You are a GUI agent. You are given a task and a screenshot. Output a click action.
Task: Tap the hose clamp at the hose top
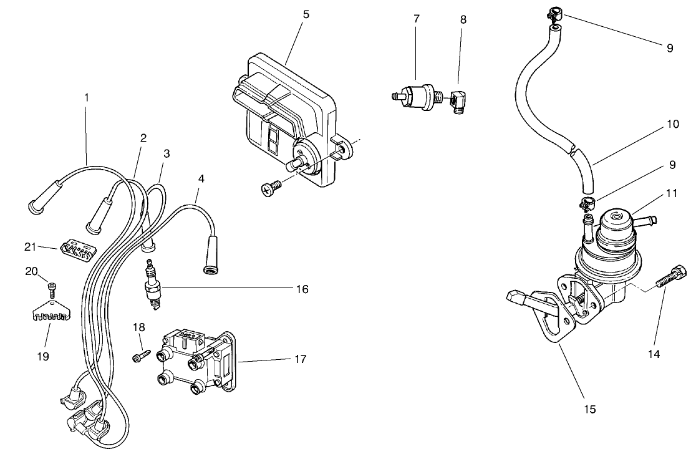coord(553,12)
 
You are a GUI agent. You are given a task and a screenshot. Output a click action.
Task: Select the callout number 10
coord(672,124)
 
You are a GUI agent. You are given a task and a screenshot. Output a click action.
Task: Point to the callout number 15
coord(590,409)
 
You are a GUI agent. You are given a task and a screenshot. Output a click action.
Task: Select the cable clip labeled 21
coord(75,249)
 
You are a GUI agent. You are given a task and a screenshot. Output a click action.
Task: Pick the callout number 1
coord(87,97)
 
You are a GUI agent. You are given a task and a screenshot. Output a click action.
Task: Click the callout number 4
coord(200,178)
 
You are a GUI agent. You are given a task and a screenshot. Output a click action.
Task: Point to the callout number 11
coord(671,193)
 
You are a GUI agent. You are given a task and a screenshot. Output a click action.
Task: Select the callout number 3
coord(166,153)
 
